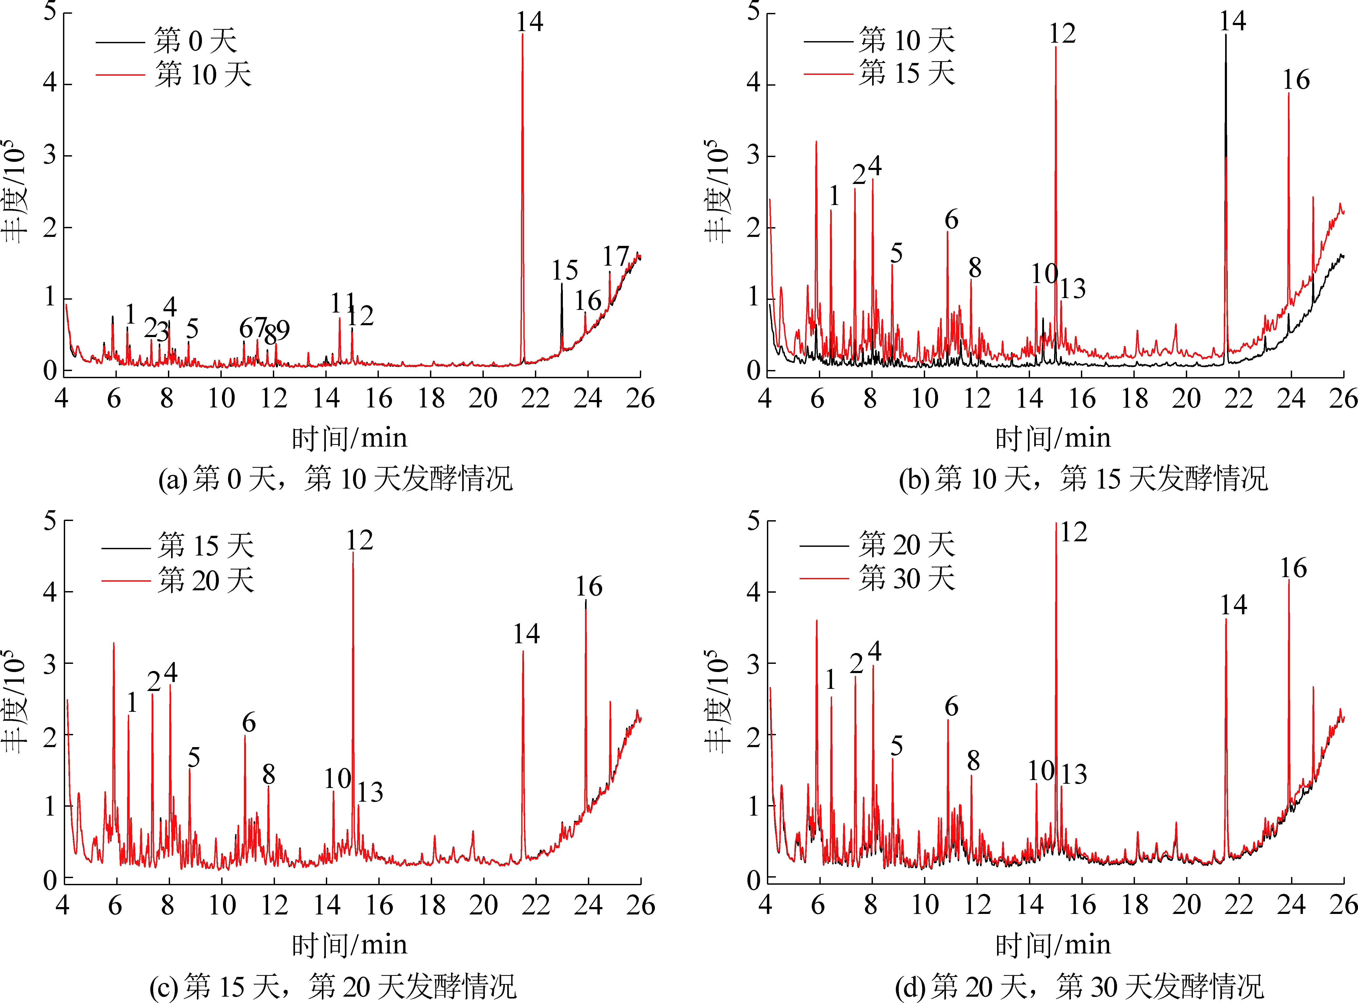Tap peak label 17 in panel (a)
coord(615,257)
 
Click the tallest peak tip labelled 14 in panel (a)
coord(522,35)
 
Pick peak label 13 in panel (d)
coord(1074,774)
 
